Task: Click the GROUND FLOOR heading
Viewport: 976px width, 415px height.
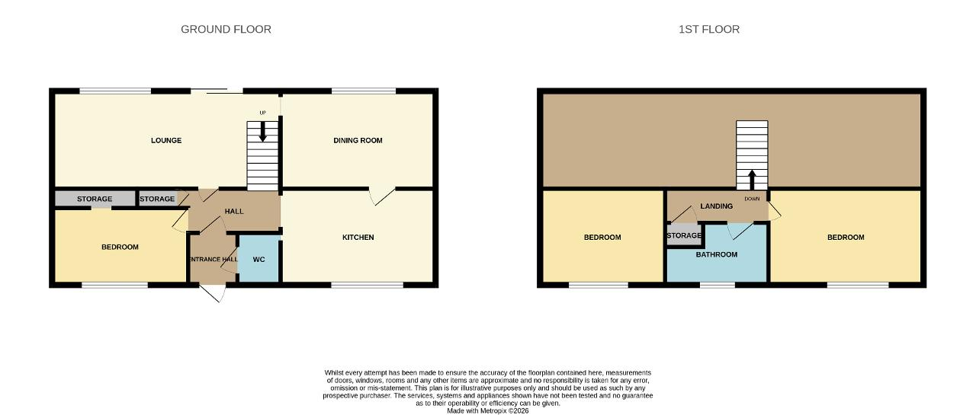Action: point(226,29)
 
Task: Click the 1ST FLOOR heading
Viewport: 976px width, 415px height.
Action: point(709,29)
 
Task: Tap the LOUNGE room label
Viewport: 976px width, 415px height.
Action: point(166,141)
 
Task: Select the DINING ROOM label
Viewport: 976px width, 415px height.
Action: point(358,141)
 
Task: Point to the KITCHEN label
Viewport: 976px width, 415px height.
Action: point(358,238)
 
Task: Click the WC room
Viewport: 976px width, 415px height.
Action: point(258,259)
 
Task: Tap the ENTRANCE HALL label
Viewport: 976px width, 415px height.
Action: point(213,259)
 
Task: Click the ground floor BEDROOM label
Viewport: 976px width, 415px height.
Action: point(120,247)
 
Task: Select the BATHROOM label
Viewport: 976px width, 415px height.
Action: point(716,254)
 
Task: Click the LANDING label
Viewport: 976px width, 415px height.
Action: point(716,206)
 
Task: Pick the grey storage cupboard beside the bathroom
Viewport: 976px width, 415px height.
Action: point(684,235)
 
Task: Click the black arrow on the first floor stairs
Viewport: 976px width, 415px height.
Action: point(752,179)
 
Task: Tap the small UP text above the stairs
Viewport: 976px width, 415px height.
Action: point(263,113)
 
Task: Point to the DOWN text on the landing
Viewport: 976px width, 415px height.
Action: point(752,199)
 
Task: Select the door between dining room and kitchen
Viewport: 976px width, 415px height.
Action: point(382,196)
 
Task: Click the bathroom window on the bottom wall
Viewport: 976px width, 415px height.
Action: point(718,285)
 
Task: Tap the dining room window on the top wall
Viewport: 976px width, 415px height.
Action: point(364,91)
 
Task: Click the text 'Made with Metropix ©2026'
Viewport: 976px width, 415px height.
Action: point(487,410)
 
